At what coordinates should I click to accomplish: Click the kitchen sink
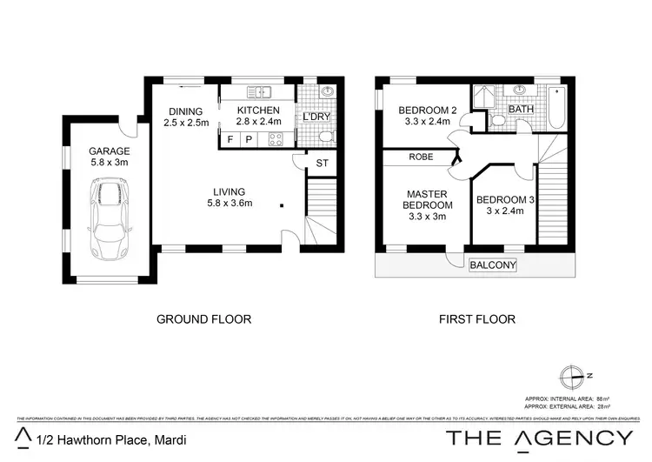tap(258, 91)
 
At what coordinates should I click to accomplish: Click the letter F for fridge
tap(230, 139)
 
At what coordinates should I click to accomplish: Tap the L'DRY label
tap(315, 117)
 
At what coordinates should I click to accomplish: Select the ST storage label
tap(322, 162)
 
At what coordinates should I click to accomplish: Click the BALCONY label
tap(493, 265)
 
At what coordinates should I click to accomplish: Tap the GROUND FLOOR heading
tap(203, 319)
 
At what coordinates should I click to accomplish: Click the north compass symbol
tap(570, 377)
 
